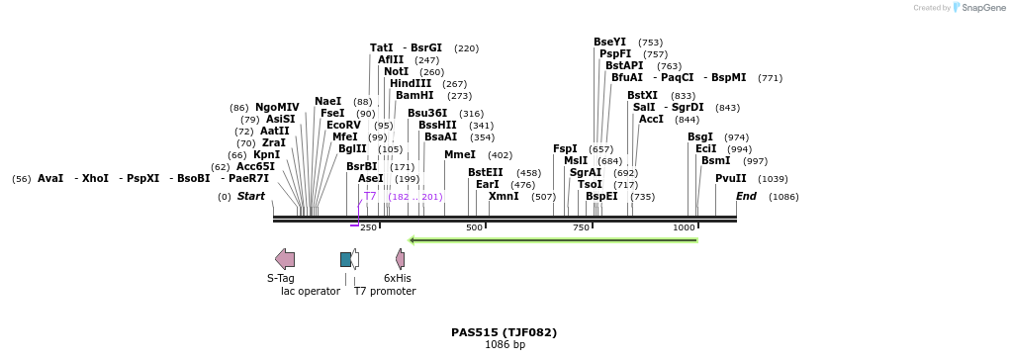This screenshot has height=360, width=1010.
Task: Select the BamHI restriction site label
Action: click(x=413, y=96)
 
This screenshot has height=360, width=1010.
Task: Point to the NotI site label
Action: click(x=396, y=72)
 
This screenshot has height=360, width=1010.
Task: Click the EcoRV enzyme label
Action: click(x=343, y=126)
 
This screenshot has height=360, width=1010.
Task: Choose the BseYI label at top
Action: click(x=609, y=42)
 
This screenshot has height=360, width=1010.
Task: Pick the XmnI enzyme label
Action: click(x=504, y=197)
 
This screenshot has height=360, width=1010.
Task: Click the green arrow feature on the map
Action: click(x=553, y=239)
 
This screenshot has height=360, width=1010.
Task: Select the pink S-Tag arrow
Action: click(x=285, y=259)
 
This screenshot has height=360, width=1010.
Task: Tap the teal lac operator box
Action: click(x=345, y=259)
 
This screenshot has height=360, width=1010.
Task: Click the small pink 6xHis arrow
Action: click(x=400, y=259)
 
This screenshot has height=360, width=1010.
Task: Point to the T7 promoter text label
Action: click(x=385, y=291)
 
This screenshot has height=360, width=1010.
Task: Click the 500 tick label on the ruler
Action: click(x=475, y=227)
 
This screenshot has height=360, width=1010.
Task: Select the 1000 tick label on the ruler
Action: click(x=684, y=227)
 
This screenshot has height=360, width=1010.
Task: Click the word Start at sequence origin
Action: click(x=250, y=197)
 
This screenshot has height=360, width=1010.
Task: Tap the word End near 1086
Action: click(x=746, y=197)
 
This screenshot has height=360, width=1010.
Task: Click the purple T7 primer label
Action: click(x=369, y=197)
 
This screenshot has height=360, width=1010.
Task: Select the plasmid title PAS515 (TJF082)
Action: click(x=504, y=332)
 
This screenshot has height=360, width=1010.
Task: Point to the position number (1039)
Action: click(x=773, y=179)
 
